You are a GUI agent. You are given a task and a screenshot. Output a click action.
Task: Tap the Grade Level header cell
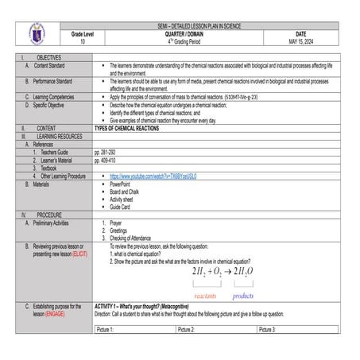click(82, 34)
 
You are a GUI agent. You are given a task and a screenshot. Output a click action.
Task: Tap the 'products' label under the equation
click(242, 295)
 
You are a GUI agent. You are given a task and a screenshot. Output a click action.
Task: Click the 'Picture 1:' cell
click(106, 328)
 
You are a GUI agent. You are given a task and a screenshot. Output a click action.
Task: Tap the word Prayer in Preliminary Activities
click(117, 223)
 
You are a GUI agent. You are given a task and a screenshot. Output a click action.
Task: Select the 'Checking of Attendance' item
click(130, 238)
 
